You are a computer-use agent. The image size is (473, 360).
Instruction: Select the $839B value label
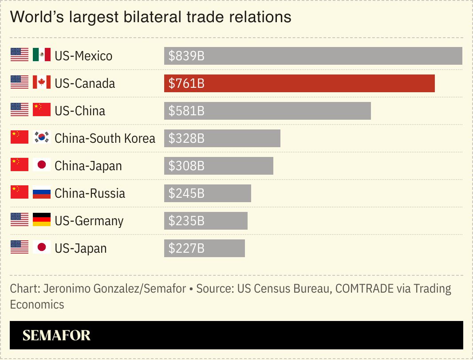point(186,56)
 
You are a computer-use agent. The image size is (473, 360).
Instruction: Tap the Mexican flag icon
point(42,55)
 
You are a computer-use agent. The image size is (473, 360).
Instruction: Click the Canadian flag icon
point(42,82)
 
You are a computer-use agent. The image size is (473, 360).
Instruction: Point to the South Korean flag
point(42,137)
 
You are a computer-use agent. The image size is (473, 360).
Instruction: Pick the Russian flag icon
point(42,192)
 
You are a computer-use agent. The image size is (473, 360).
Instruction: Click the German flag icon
point(42,220)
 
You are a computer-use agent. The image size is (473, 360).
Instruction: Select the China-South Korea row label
point(105,138)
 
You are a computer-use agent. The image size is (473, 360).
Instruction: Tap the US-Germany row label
point(89,221)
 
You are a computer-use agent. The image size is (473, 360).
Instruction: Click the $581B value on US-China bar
point(186,111)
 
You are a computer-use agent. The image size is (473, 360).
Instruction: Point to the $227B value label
point(186,249)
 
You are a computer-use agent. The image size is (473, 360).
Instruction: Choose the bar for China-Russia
point(208,193)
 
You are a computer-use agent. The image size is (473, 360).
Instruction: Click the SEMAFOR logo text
point(56,336)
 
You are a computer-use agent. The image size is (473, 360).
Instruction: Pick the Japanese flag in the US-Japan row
point(42,247)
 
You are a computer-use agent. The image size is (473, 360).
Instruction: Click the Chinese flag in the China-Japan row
point(20,165)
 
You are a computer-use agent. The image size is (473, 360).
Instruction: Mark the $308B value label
point(186,166)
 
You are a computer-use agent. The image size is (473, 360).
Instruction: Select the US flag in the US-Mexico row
point(20,55)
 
